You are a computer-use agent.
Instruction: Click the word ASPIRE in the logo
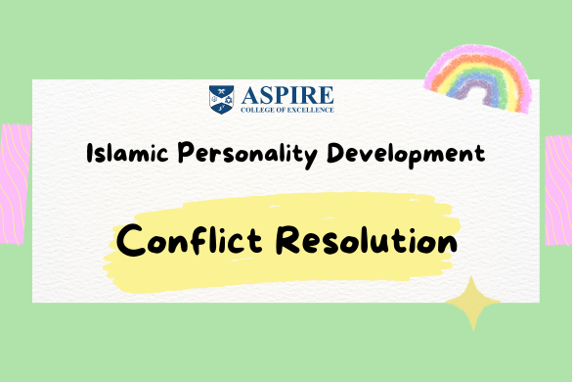click(285, 94)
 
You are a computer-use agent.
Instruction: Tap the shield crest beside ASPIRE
click(221, 98)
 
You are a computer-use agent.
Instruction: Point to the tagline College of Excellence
click(285, 109)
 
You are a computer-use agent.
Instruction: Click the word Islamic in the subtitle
click(120, 155)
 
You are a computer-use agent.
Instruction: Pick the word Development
click(396, 155)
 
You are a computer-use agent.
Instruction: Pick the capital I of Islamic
click(89, 154)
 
